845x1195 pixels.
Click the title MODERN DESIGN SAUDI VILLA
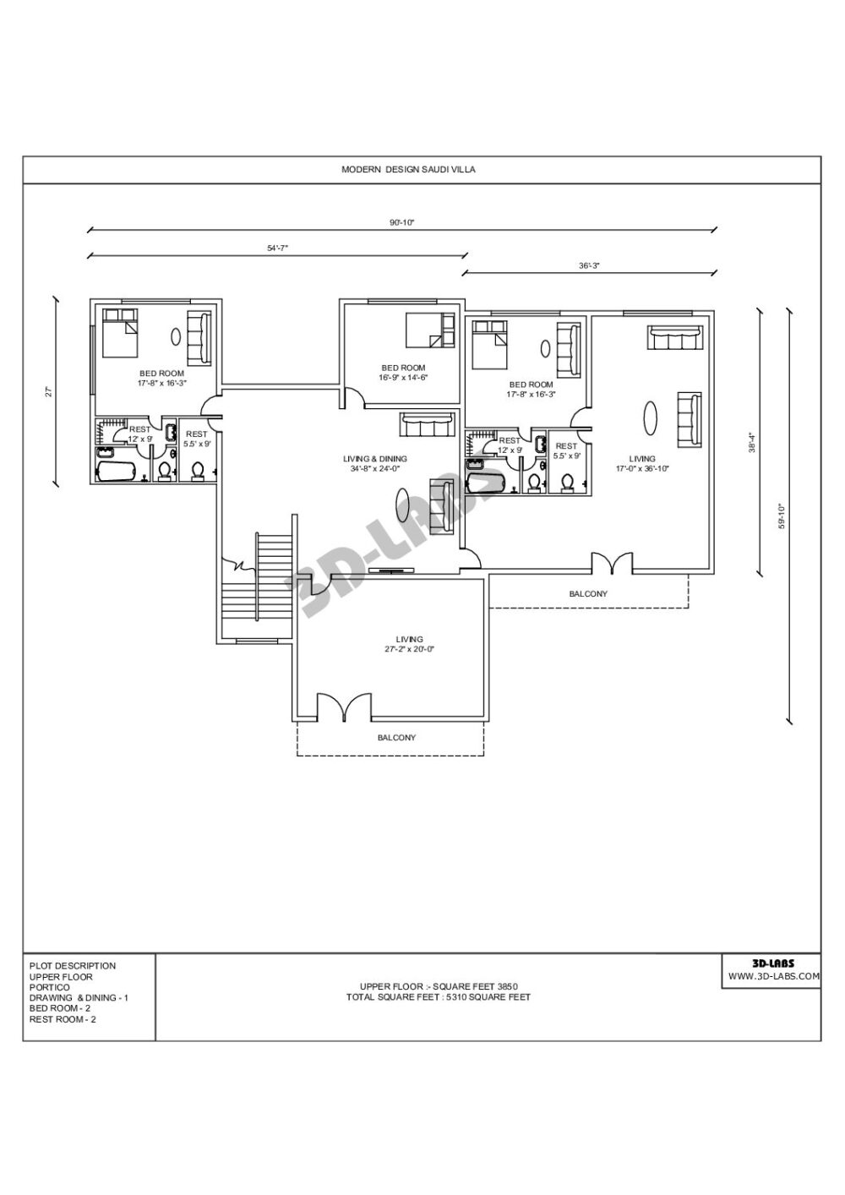click(408, 170)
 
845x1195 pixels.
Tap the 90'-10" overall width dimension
click(402, 222)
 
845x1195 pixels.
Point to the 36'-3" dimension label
click(589, 265)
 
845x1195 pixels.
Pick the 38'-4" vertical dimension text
click(751, 443)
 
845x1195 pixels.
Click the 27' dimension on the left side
click(50, 391)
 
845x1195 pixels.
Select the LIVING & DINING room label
click(379, 459)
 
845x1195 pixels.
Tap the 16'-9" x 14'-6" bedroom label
click(403, 373)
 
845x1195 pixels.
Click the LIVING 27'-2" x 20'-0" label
click(409, 644)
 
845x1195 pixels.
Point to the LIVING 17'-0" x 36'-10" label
click(642, 463)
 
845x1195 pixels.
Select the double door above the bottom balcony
click(343, 707)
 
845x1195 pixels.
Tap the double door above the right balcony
click(611, 565)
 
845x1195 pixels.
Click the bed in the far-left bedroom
click(119, 333)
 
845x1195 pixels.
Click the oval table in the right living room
click(651, 417)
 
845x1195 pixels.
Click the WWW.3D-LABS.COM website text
click(773, 975)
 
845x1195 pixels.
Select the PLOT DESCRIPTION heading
click(73, 965)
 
